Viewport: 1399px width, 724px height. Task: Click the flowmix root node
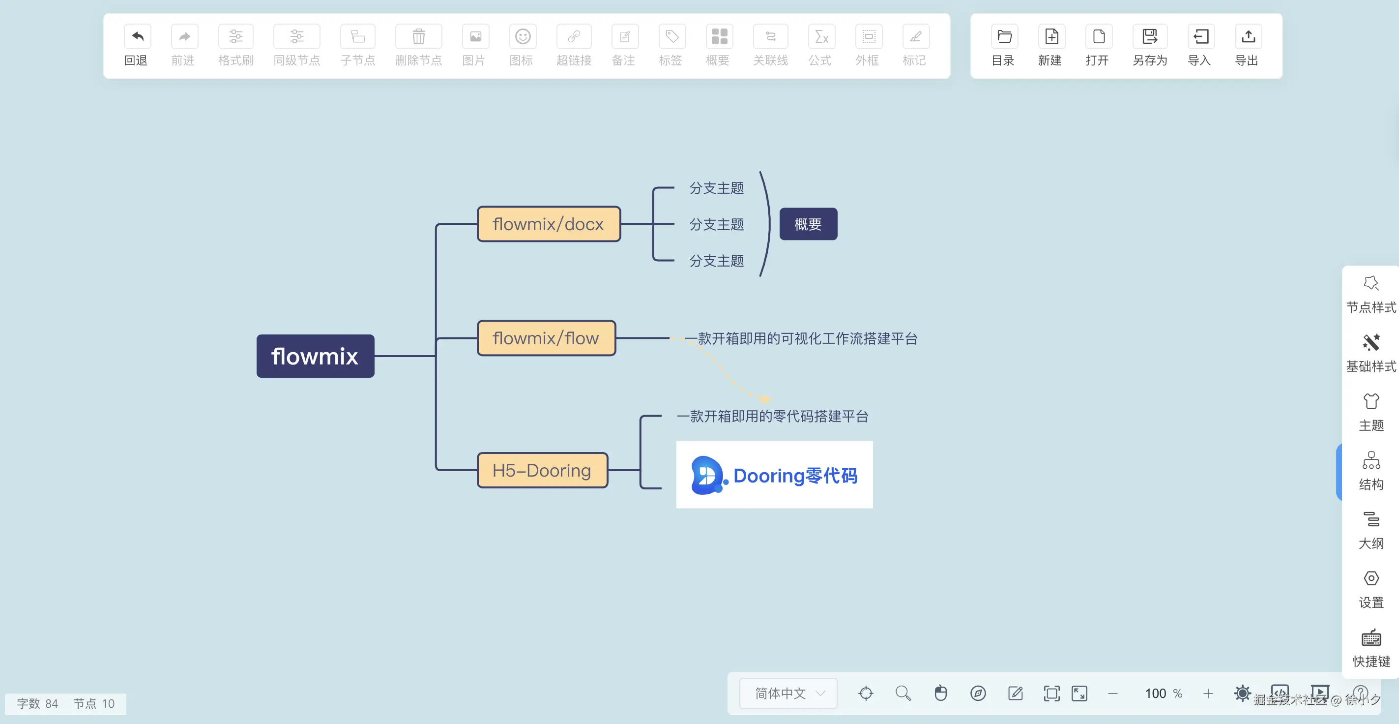pos(315,356)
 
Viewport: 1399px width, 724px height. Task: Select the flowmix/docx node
pos(549,224)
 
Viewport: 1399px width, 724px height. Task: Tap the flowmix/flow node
pos(546,338)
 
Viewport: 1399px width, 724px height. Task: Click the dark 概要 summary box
pos(808,224)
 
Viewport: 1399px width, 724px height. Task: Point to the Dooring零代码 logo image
pos(774,475)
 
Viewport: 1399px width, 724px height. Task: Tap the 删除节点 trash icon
pos(418,37)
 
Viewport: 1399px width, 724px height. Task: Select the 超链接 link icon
pos(574,37)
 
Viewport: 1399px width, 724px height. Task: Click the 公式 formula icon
pos(820,37)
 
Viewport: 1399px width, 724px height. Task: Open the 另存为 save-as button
pos(1150,37)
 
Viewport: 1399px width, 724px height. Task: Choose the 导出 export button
pos(1248,37)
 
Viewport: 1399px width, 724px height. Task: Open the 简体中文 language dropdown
pos(788,693)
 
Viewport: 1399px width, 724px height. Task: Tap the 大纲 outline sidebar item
pos(1371,530)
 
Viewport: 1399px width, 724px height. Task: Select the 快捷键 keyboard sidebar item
pos(1371,648)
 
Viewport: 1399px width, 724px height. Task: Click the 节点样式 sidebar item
pos(1371,294)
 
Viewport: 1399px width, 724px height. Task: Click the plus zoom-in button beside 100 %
pos(1208,694)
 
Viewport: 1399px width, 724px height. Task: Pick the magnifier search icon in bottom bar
pos(903,693)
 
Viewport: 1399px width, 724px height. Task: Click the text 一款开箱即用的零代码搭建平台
pos(772,417)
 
